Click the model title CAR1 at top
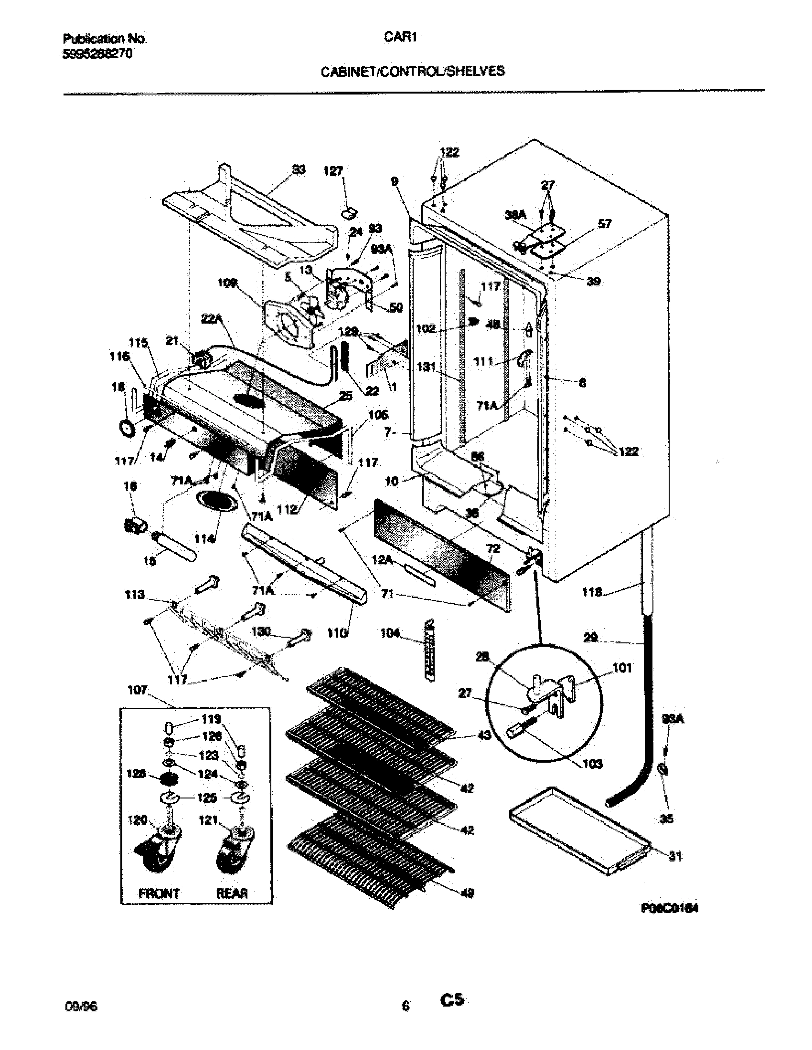point(400,38)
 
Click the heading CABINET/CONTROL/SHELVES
point(413,72)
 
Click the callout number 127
point(333,171)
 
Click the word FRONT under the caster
point(159,894)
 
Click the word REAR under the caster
point(232,894)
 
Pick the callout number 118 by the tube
point(592,592)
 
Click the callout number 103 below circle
point(592,764)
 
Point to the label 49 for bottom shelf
point(467,893)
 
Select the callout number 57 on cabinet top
point(604,223)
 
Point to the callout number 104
point(390,633)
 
